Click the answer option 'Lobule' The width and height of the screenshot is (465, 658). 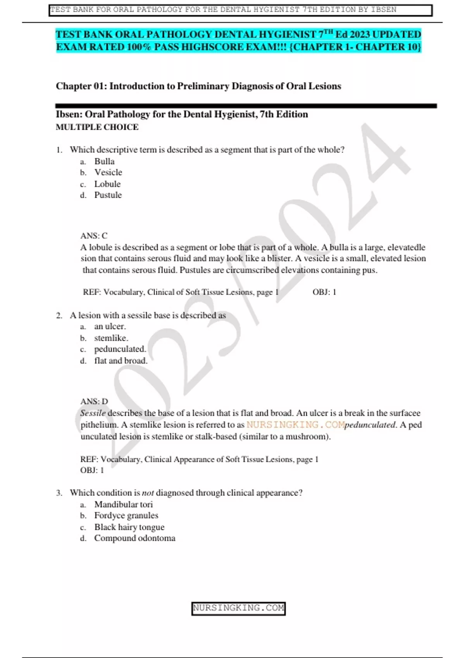pyautogui.click(x=107, y=184)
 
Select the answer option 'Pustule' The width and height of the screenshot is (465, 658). pyautogui.click(x=108, y=195)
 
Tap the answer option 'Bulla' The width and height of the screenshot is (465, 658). pyautogui.click(x=104, y=161)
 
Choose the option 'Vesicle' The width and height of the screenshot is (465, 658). pyautogui.click(x=108, y=173)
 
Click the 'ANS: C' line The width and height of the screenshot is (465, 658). pyautogui.click(x=94, y=236)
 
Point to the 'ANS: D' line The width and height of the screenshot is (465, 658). pyautogui.click(x=94, y=401)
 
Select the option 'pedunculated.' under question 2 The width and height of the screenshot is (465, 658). pyautogui.click(x=120, y=349)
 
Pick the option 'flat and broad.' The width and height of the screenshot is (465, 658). pyautogui.click(x=121, y=361)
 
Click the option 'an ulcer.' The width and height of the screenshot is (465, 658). pyautogui.click(x=110, y=327)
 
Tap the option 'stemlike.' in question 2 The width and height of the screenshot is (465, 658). pyautogui.click(x=111, y=338)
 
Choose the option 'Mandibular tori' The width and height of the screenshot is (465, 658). pyautogui.click(x=123, y=504)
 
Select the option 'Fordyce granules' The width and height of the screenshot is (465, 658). pyautogui.click(x=126, y=516)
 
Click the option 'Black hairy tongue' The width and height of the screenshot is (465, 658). pyautogui.click(x=129, y=527)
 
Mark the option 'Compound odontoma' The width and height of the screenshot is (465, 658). pyautogui.click(x=134, y=538)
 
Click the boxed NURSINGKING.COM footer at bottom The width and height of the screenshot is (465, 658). pyautogui.click(x=238, y=608)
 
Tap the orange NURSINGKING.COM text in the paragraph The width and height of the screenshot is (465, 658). pyautogui.click(x=295, y=425)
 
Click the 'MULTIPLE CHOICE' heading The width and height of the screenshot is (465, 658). pyautogui.click(x=97, y=127)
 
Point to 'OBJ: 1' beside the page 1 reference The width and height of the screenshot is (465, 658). pyautogui.click(x=324, y=292)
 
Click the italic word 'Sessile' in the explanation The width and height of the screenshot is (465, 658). pyautogui.click(x=93, y=413)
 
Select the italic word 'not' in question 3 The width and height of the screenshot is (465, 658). pyautogui.click(x=148, y=493)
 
